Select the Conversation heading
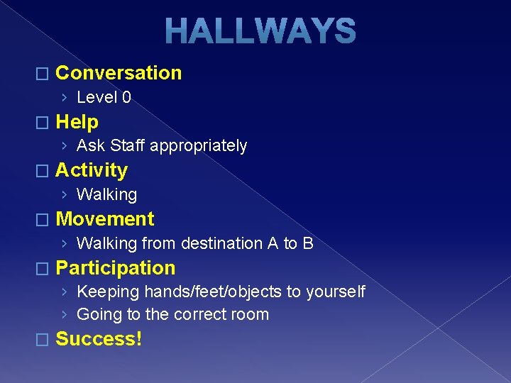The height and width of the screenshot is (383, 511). coord(119,73)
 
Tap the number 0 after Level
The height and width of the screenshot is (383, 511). coord(126,97)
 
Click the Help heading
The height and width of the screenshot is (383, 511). coord(77,122)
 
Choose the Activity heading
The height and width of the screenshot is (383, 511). coord(92,170)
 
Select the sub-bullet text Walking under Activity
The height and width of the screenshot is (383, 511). coord(106,194)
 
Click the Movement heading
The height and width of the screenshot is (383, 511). coord(104,219)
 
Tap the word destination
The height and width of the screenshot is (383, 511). coord(221,243)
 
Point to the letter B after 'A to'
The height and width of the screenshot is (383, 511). coord(307,243)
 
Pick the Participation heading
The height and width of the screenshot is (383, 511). coord(115,268)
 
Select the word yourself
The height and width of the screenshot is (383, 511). coord(336,292)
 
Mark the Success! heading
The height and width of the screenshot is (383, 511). coord(99,339)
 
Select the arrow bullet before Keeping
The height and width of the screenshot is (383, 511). coord(65,292)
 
